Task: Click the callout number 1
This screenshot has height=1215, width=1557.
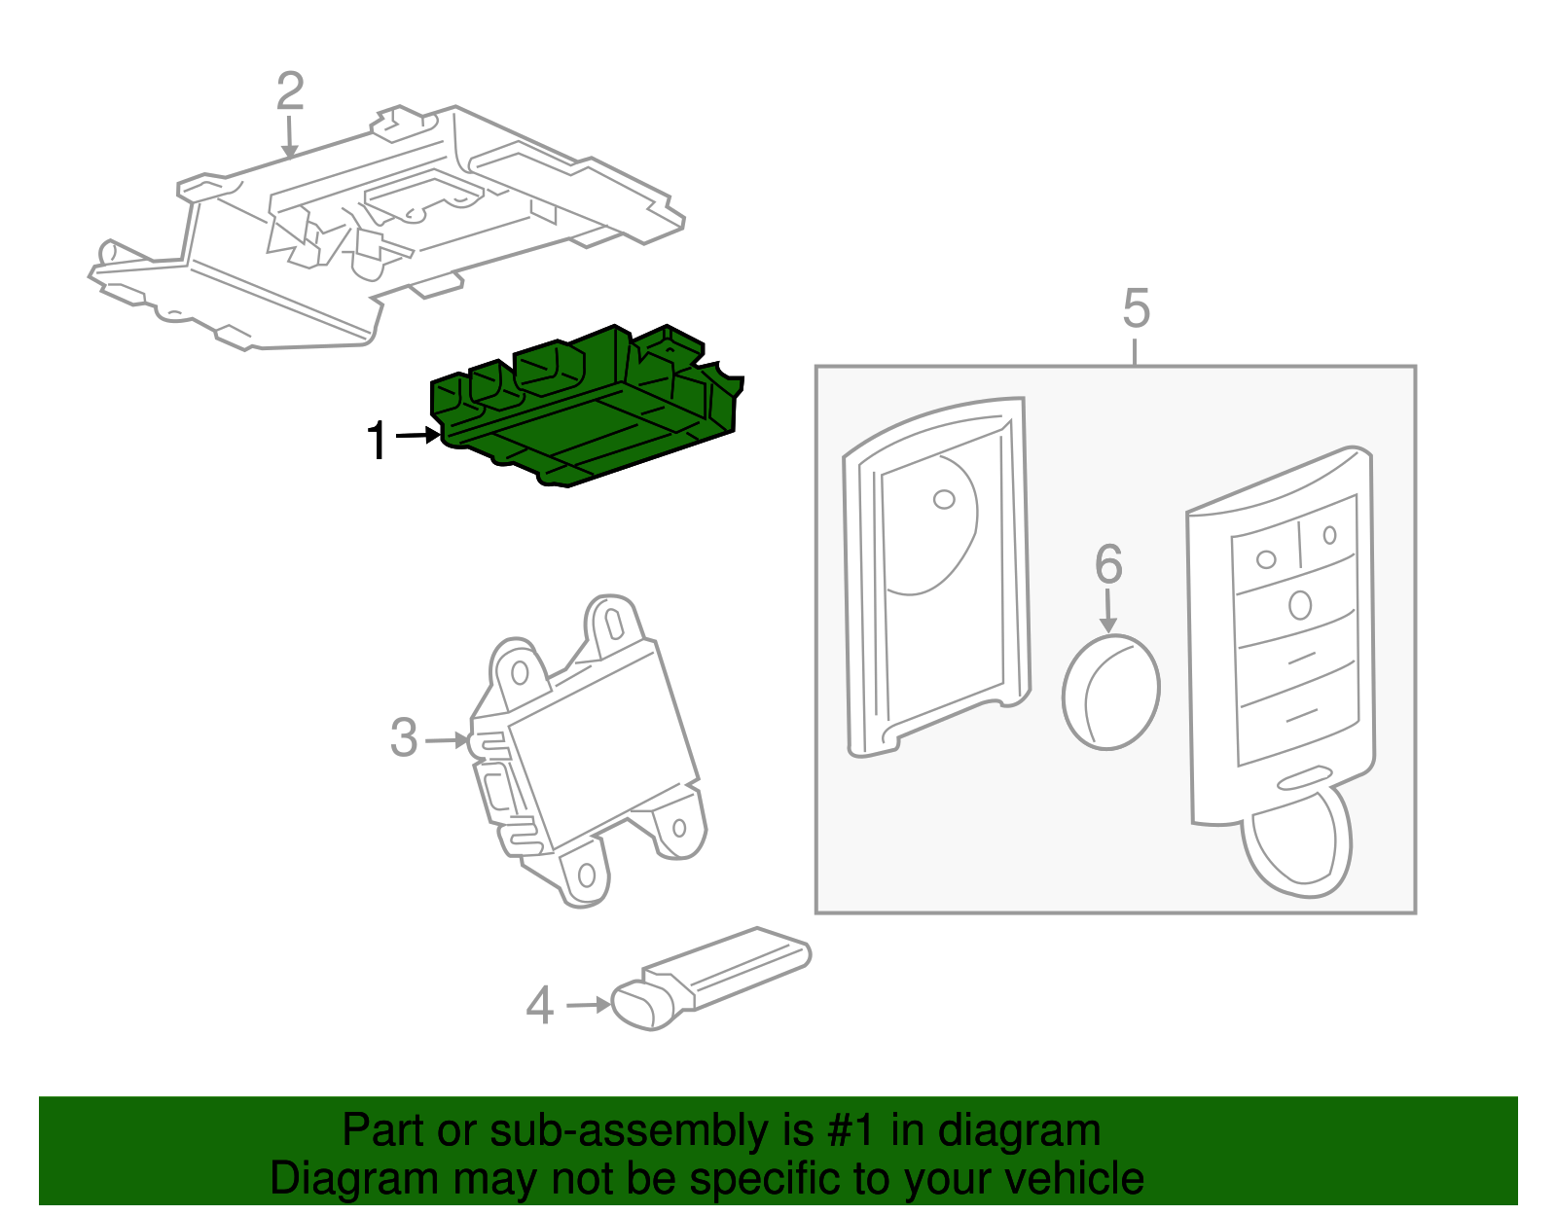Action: coord(377,441)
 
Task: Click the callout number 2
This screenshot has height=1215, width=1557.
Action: coord(290,91)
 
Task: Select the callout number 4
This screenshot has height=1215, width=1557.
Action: coord(539,1006)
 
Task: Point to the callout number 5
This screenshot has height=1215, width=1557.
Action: coord(1136,308)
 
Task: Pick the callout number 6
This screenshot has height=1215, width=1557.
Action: coord(1108,564)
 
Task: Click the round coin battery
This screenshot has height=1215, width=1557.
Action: coord(1110,692)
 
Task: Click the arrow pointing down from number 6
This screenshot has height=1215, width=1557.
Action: coord(1107,613)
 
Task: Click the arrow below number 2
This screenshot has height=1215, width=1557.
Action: coord(289,136)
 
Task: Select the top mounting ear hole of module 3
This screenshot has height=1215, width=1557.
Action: coord(614,621)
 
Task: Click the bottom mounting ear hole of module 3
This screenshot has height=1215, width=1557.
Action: coord(587,876)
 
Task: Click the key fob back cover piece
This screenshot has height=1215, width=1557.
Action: coord(934,574)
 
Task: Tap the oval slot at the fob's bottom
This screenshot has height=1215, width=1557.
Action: coord(1304,777)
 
